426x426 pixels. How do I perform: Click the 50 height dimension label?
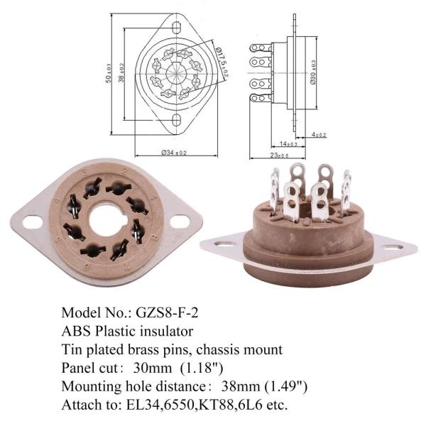tap(109, 73)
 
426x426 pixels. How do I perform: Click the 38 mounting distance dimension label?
tap(121, 72)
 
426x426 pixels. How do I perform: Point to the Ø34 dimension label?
tap(174, 153)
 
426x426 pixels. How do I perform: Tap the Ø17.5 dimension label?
tap(222, 62)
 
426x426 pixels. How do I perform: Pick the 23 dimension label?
tap(279, 155)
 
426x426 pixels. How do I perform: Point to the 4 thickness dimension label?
tap(319, 134)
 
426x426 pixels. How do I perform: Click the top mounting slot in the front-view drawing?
tap(177, 28)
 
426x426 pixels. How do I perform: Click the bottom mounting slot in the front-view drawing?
tap(177, 121)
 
